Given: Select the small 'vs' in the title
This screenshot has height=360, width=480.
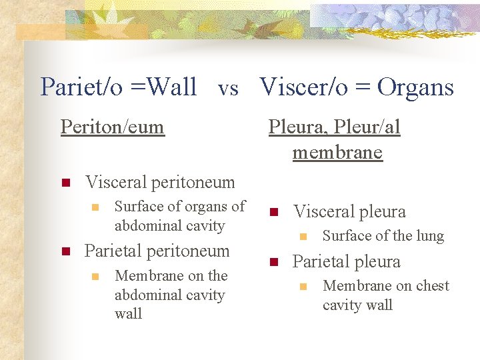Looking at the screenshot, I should [x=228, y=89].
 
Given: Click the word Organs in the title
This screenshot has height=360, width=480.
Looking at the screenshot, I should [x=415, y=87].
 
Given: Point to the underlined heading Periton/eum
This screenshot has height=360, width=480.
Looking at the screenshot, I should [x=112, y=127].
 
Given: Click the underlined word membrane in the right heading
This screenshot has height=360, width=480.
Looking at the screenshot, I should [x=337, y=153].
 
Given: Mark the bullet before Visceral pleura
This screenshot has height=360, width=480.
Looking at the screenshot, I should [x=273, y=213].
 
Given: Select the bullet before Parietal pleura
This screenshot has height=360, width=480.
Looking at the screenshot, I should [x=273, y=262].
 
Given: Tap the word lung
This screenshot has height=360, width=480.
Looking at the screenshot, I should [x=430, y=236].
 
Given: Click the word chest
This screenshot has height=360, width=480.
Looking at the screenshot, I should [x=432, y=286].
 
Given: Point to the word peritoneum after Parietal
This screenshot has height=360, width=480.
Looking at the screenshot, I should [x=186, y=251].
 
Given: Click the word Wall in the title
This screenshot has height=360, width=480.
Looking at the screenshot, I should [x=173, y=87].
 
